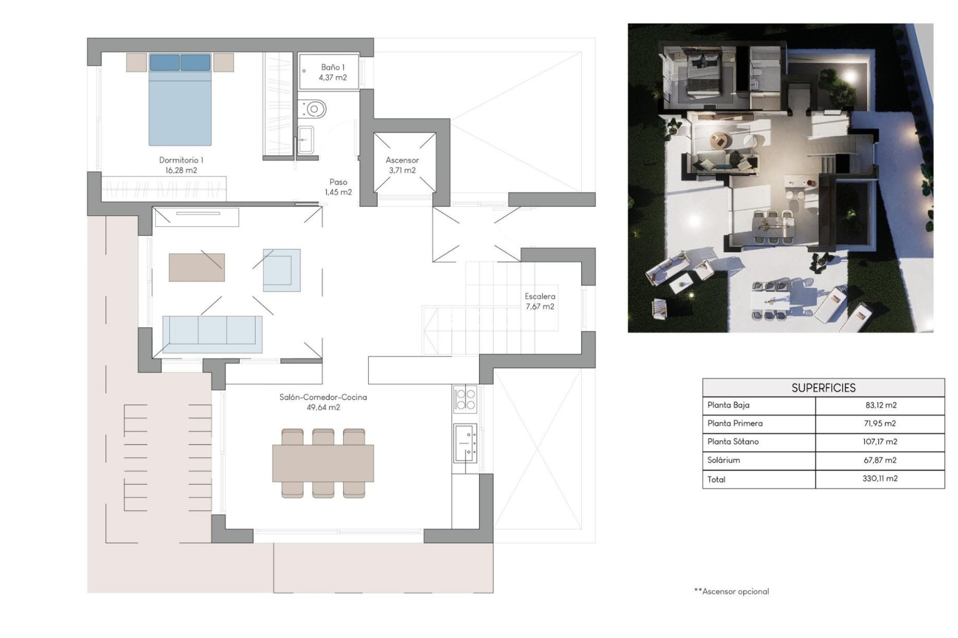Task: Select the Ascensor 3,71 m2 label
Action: tap(402, 165)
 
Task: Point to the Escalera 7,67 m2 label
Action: tap(540, 302)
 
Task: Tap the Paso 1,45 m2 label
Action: tap(338, 187)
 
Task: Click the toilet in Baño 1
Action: tap(313, 108)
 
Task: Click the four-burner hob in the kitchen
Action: tap(465, 399)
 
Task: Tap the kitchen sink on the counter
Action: tap(465, 442)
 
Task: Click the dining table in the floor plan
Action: tap(323, 463)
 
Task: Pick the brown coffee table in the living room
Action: tap(197, 268)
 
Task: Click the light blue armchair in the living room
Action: tap(282, 270)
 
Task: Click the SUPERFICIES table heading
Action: tap(823, 388)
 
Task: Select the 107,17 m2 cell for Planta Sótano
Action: tap(880, 442)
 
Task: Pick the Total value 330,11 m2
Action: tap(880, 478)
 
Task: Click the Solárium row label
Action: tap(723, 460)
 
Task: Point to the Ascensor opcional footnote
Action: tap(731, 592)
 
